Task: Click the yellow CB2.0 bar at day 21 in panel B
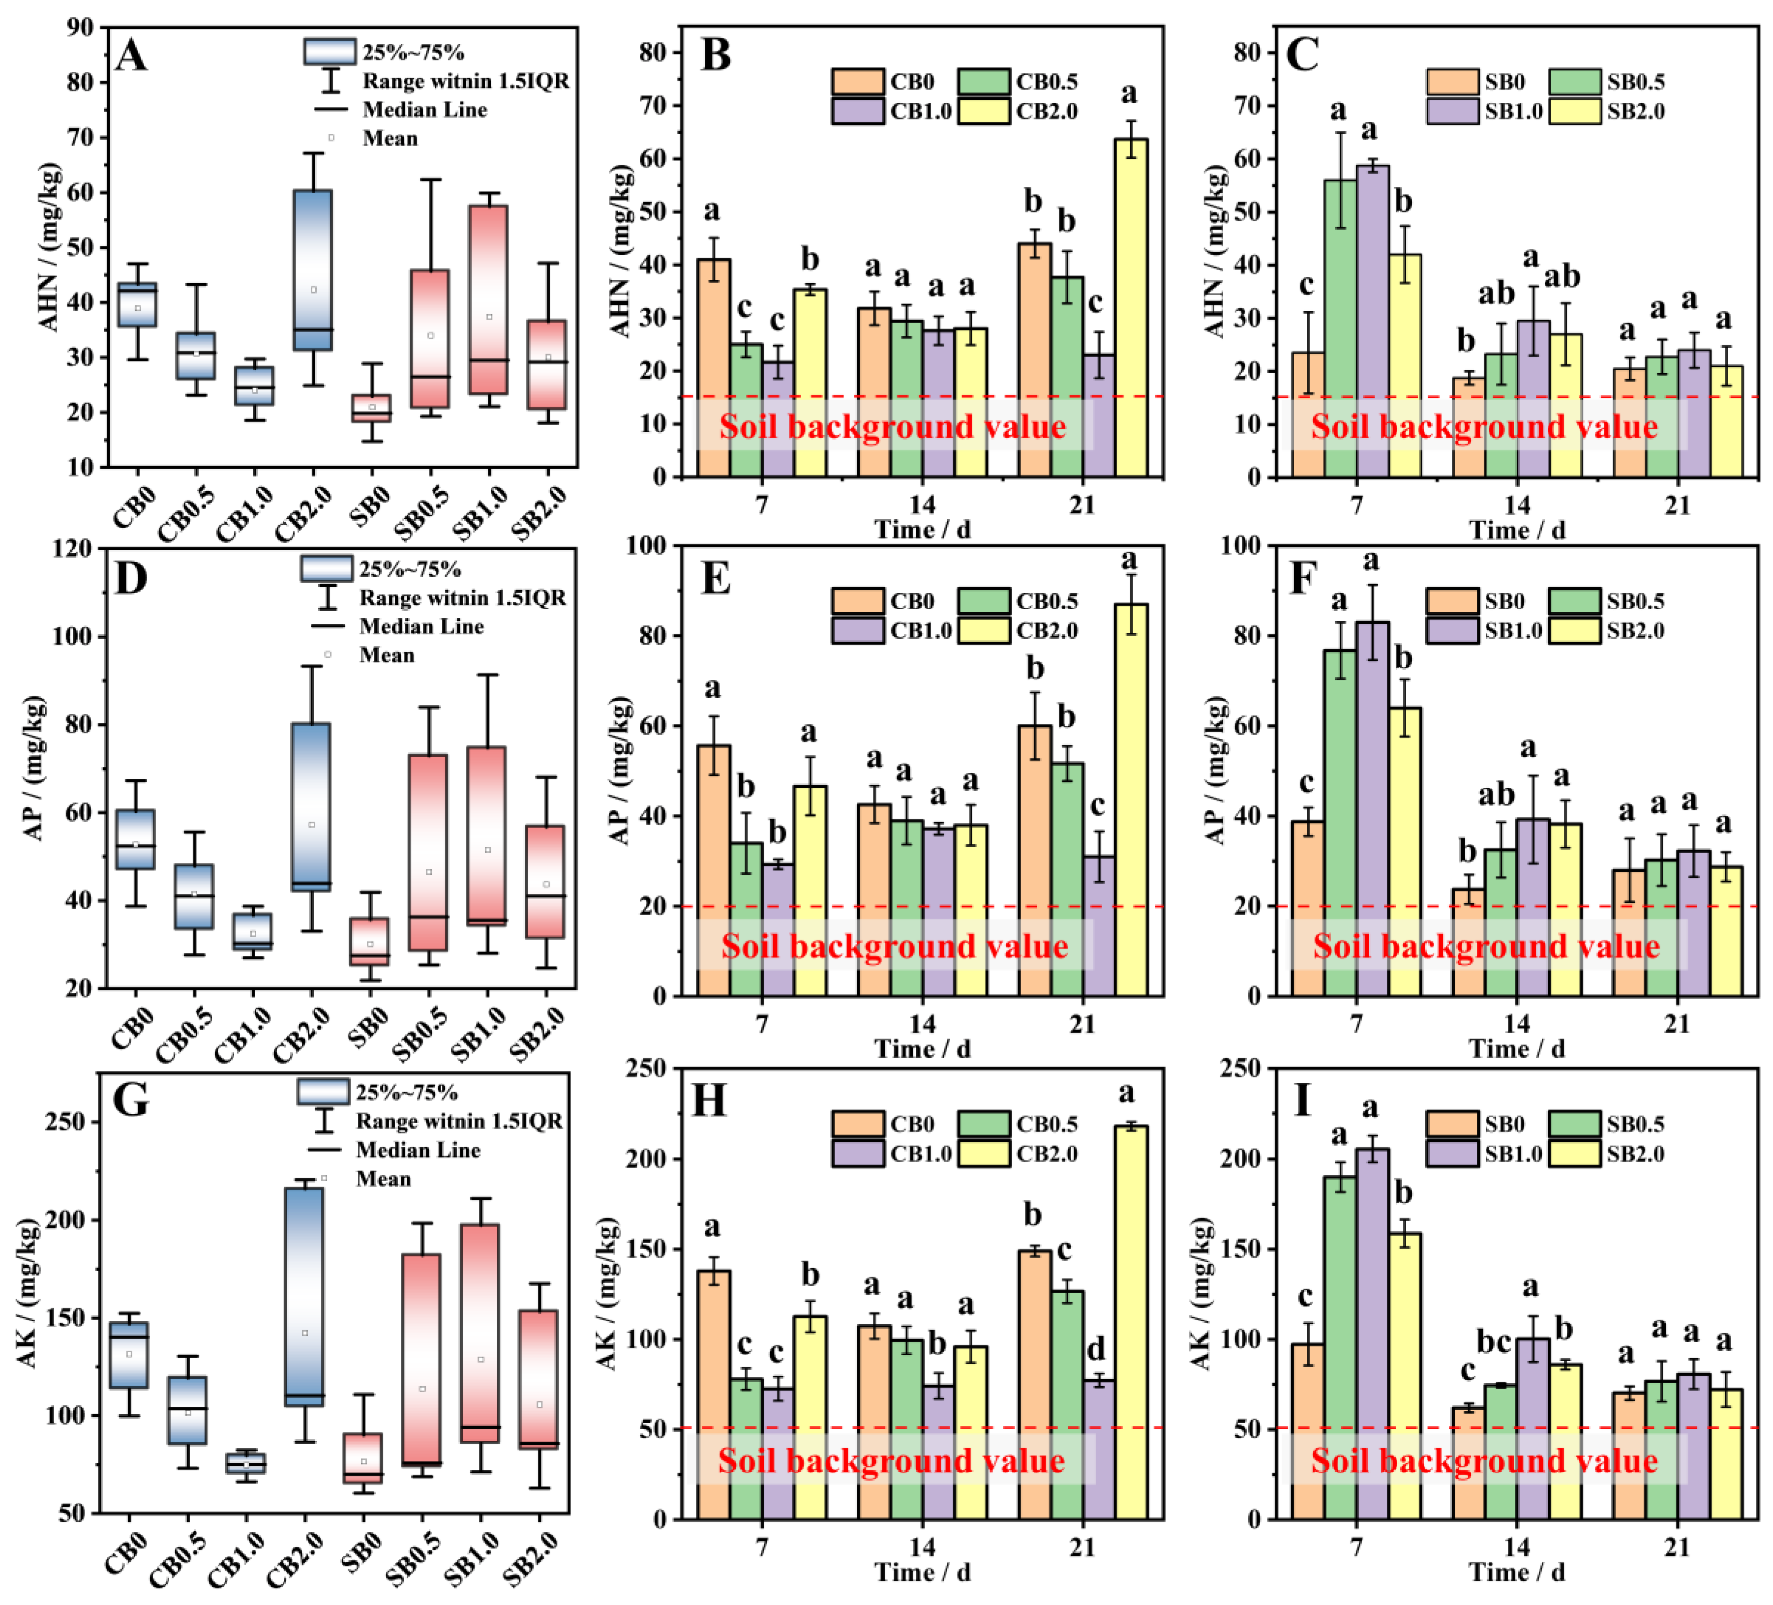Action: tap(1130, 308)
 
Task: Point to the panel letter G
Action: tap(130, 1100)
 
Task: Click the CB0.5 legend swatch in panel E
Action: tap(983, 601)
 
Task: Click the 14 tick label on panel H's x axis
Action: tap(922, 1546)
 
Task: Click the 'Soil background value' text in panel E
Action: tap(895, 946)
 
